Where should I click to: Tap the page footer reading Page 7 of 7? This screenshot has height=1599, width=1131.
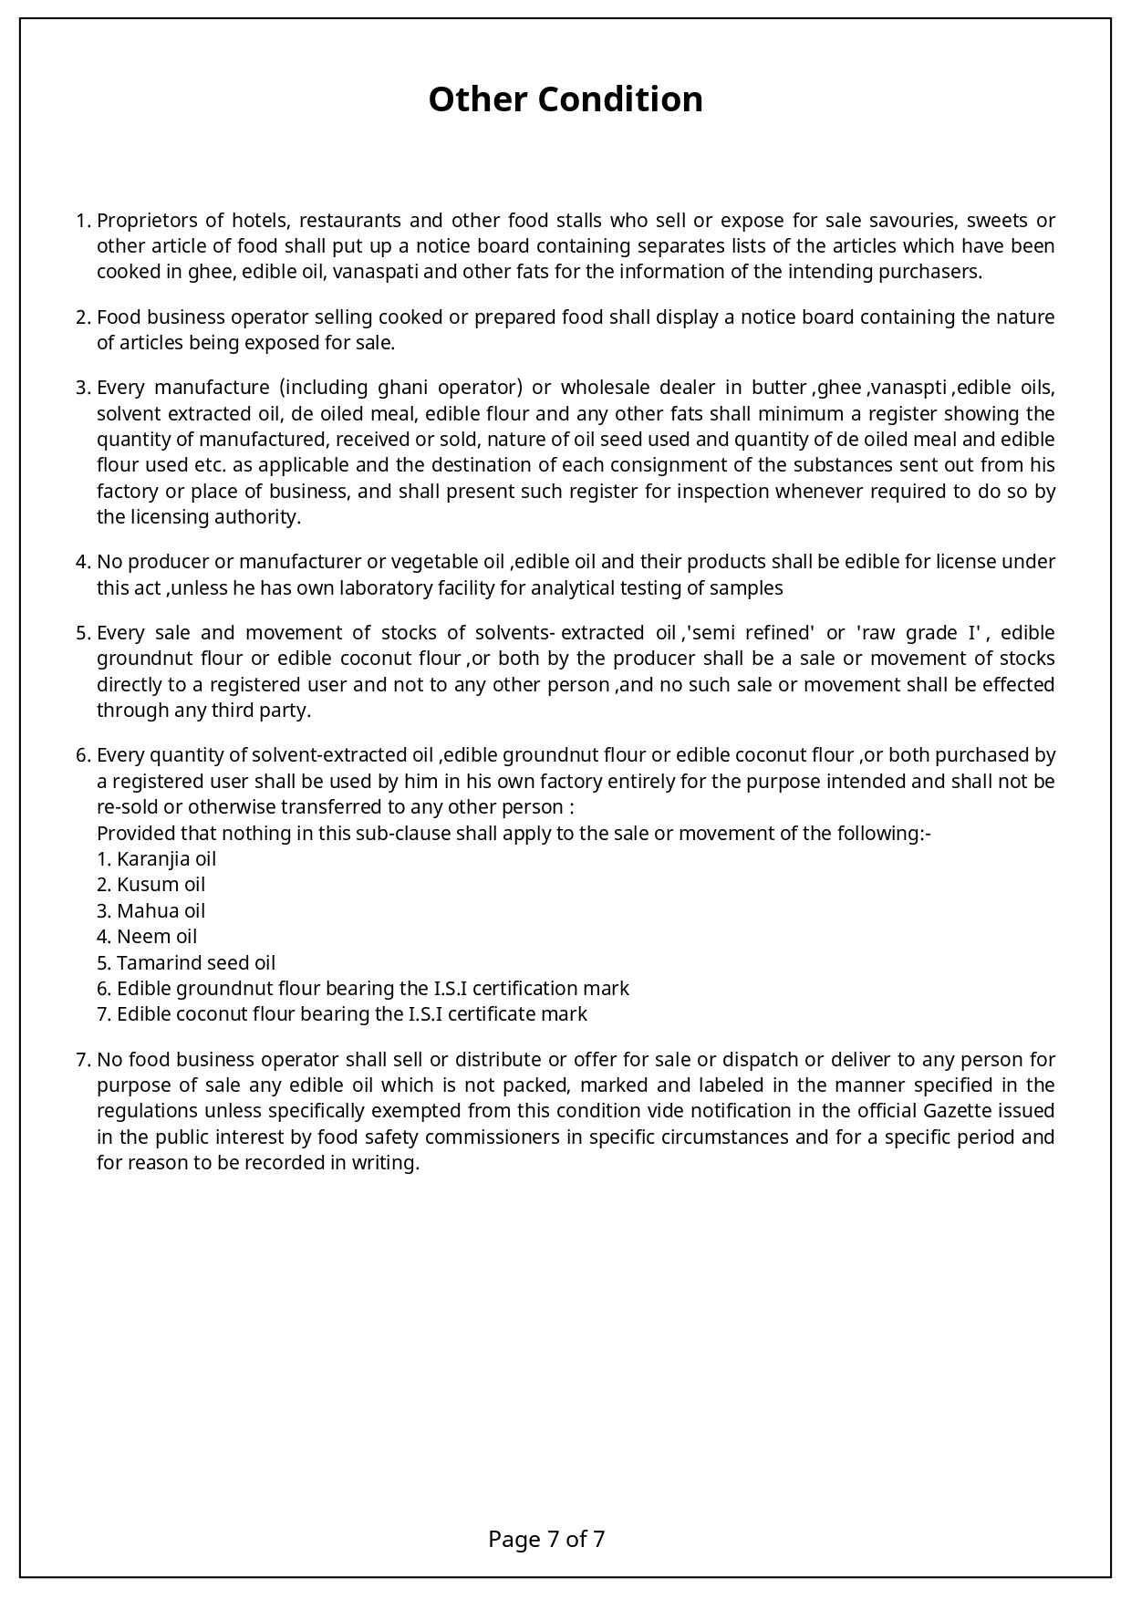pos(546,1540)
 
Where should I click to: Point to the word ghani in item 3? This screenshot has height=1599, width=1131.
pos(402,388)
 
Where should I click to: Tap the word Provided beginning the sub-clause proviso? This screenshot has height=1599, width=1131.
pos(134,834)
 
